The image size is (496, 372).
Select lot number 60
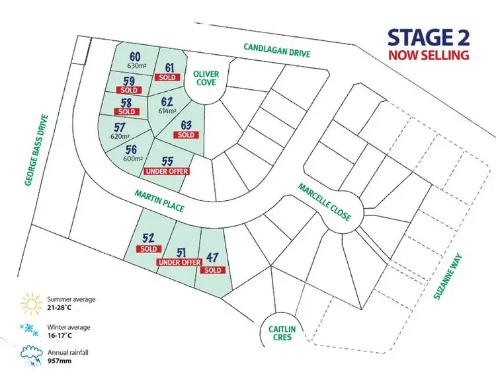tap(135, 56)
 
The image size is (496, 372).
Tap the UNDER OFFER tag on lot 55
tap(166, 171)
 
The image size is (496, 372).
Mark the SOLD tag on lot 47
tap(213, 270)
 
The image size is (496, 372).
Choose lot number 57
tap(120, 127)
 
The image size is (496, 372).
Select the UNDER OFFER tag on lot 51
tap(179, 262)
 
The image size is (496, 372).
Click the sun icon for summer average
tap(30, 303)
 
